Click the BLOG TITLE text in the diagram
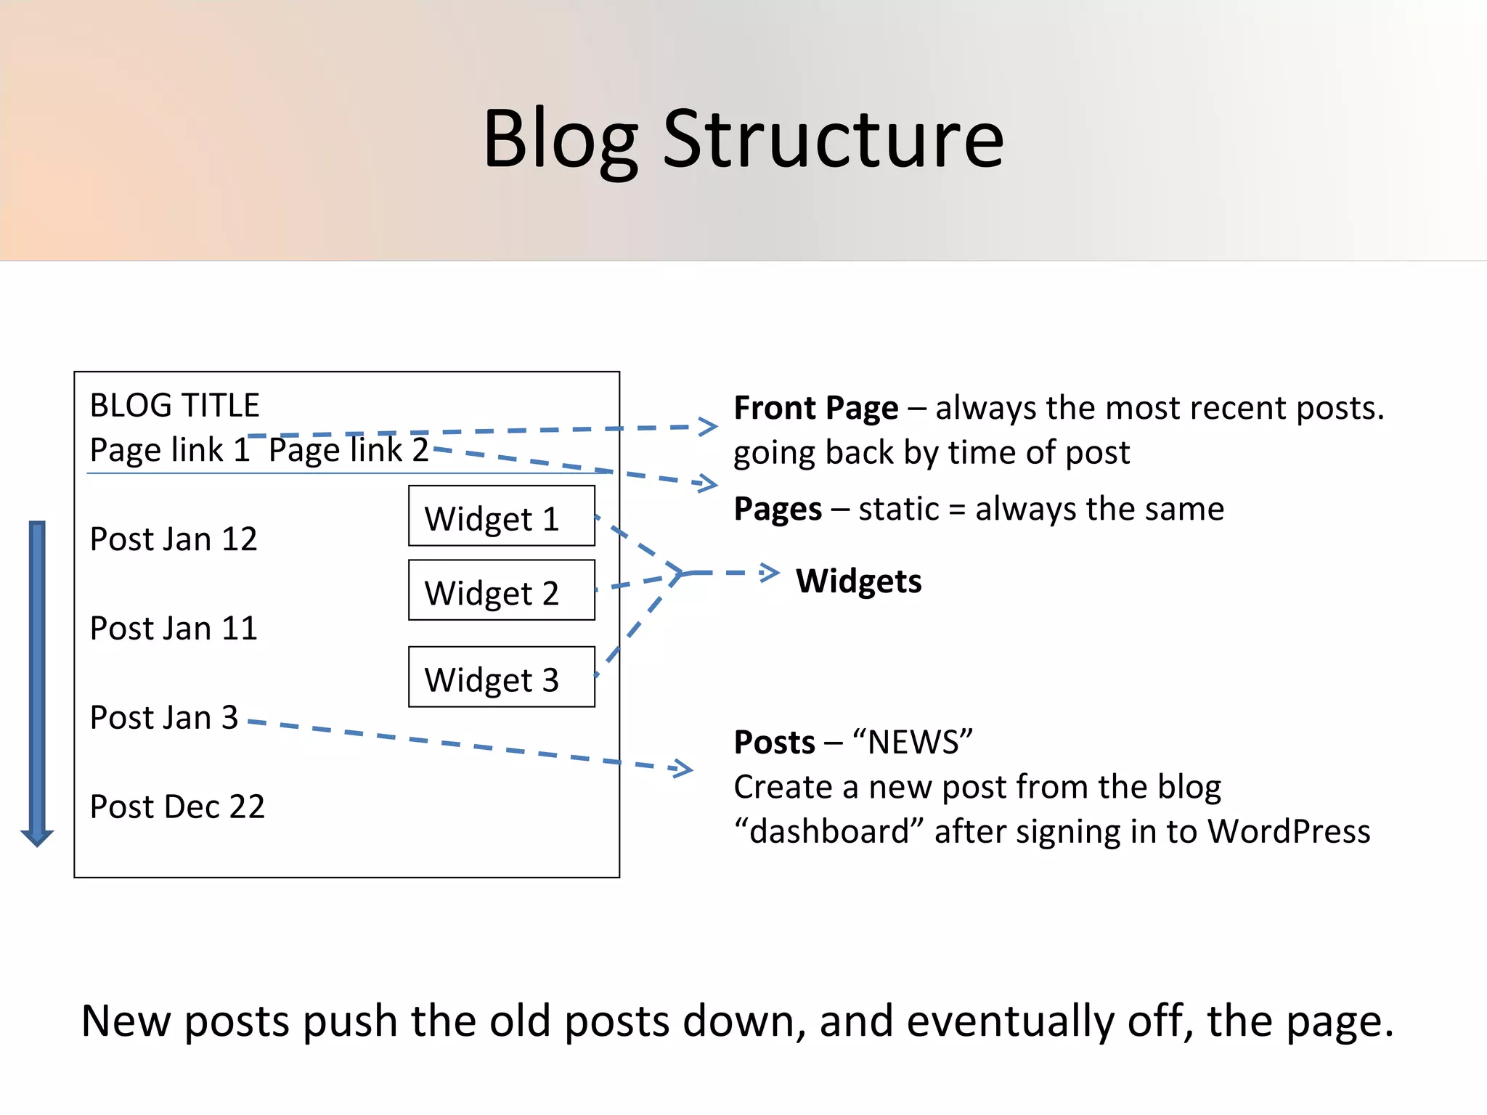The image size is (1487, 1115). tap(174, 405)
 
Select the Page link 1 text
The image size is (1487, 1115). tap(169, 450)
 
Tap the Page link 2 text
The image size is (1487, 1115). tap(349, 450)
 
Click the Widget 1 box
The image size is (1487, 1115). tap(501, 516)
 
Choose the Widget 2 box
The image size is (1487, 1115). tap(501, 590)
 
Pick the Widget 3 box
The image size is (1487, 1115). tap(501, 677)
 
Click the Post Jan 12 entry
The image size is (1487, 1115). tap(174, 539)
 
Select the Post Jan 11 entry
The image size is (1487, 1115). tap(174, 629)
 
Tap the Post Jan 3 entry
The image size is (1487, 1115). tap(164, 718)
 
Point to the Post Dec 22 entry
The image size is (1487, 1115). tap(177, 807)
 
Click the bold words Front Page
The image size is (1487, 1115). tap(816, 409)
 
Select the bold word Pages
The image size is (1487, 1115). tap(778, 509)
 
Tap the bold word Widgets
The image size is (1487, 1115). tap(859, 581)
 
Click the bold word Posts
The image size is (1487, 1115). tap(775, 743)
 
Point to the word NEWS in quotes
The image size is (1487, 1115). tap(913, 743)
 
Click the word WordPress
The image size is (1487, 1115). tap(1289, 832)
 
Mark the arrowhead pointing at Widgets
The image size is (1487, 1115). tap(770, 573)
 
